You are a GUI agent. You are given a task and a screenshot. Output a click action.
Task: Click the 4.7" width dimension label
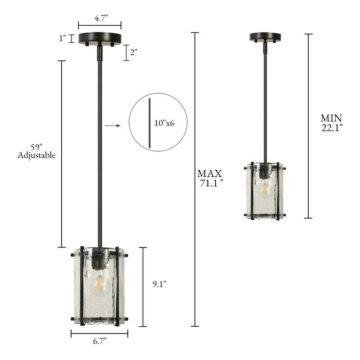101,18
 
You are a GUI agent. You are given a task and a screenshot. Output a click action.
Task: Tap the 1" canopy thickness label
63,38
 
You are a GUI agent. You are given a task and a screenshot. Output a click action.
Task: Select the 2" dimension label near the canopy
134,52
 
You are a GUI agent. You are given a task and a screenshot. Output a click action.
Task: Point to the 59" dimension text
36,147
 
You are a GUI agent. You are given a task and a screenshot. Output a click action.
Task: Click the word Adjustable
36,155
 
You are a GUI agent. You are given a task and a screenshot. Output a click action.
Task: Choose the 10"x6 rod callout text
164,123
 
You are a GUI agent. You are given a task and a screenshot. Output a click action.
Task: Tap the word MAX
210,174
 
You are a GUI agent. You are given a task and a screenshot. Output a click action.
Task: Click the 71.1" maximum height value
211,183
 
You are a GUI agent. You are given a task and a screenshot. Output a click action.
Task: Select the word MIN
331,118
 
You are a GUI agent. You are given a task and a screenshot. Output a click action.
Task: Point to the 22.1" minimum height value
332,127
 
